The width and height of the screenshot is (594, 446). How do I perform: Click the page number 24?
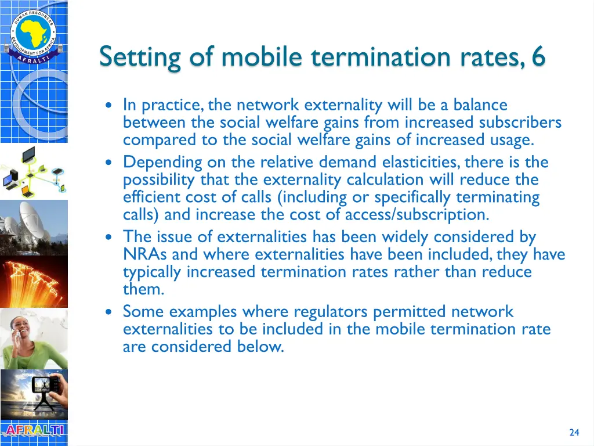(574, 432)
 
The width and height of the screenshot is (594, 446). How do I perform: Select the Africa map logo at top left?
(33, 33)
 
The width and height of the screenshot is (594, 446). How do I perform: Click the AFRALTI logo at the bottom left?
(34, 431)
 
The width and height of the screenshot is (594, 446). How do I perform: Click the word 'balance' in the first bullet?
(480, 105)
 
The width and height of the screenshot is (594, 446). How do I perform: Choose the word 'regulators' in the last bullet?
(331, 312)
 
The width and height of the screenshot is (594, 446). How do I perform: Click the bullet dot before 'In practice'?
(110, 106)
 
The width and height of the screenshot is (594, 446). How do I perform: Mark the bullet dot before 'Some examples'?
(110, 312)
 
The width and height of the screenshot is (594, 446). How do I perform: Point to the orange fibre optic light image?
(34, 282)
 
